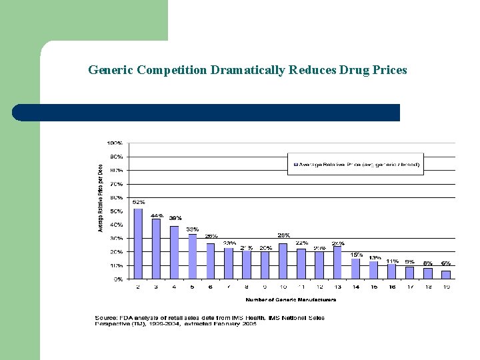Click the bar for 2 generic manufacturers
(x=138, y=244)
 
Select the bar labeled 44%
(x=156, y=249)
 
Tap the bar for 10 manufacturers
(x=283, y=261)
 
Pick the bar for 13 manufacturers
(x=337, y=263)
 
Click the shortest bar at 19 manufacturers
(x=445, y=275)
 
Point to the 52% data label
(x=138, y=202)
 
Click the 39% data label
(x=175, y=218)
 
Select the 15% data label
(x=356, y=254)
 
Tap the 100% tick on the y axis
(x=114, y=143)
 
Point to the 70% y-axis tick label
(x=115, y=184)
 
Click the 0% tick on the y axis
(x=117, y=279)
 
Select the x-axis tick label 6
(x=211, y=287)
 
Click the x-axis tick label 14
(x=355, y=287)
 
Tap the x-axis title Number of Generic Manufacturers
(x=290, y=300)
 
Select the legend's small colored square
(x=295, y=163)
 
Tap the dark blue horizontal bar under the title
(x=207, y=113)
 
